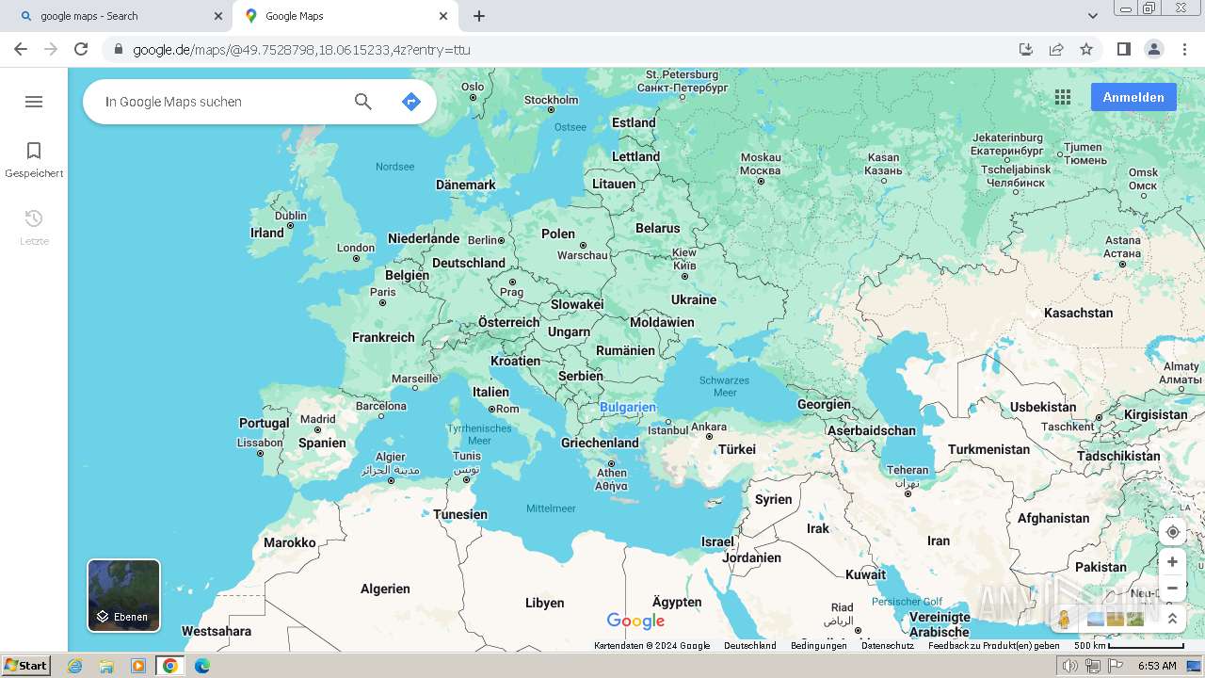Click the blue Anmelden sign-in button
pyautogui.click(x=1133, y=97)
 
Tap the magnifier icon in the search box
pyautogui.click(x=362, y=102)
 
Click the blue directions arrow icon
pyautogui.click(x=410, y=102)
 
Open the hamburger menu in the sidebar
pyautogui.click(x=34, y=102)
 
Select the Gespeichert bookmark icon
pyautogui.click(x=34, y=151)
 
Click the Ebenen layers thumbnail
pyautogui.click(x=124, y=595)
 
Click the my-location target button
pyautogui.click(x=1172, y=532)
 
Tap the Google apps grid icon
pyautogui.click(x=1063, y=97)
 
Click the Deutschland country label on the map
pyautogui.click(x=469, y=263)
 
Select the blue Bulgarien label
pyautogui.click(x=628, y=408)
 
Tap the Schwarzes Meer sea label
pyautogui.click(x=724, y=386)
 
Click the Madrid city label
pyautogui.click(x=317, y=420)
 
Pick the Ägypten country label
pyautogui.click(x=677, y=602)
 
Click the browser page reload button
pyautogui.click(x=81, y=49)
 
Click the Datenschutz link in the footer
pyautogui.click(x=887, y=646)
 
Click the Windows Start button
pyautogui.click(x=25, y=666)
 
